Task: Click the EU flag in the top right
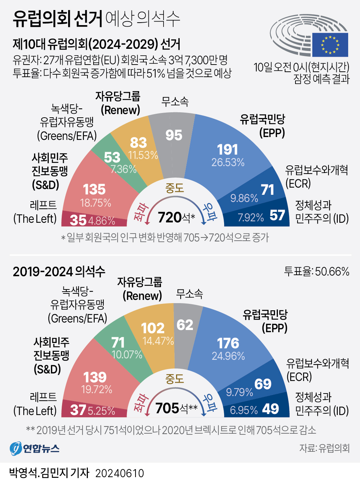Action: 330,44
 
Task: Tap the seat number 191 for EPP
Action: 227,150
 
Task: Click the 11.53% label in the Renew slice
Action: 143,155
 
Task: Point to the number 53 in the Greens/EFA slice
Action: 112,157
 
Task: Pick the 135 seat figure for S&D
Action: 94,189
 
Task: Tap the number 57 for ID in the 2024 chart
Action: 277,216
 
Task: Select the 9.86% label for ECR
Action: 244,198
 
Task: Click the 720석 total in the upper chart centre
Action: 176,217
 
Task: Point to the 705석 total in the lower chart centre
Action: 176,408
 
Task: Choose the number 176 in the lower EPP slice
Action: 228,343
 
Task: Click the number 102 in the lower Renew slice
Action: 153,328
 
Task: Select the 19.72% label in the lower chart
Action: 97,389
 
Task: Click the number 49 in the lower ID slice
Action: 270,409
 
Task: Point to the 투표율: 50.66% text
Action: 317,272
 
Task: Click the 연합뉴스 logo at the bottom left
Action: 34,448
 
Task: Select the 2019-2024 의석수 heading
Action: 59,272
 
